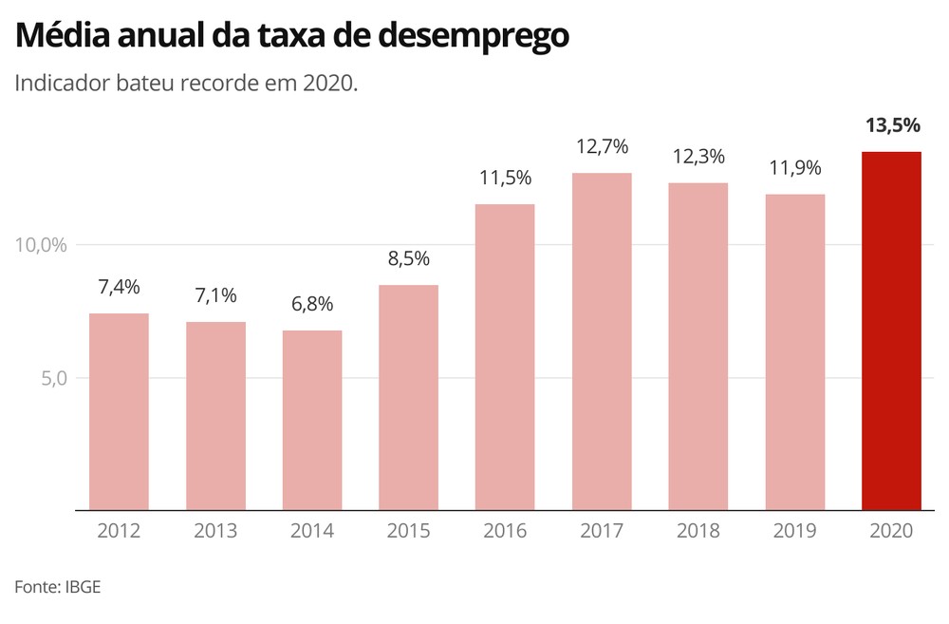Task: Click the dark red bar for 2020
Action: click(x=891, y=331)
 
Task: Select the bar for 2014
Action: click(x=312, y=420)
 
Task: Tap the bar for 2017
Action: click(x=602, y=341)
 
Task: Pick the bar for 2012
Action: click(x=119, y=411)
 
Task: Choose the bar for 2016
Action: click(x=505, y=357)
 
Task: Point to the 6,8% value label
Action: click(x=312, y=306)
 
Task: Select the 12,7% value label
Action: click(x=602, y=148)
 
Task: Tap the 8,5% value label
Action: click(x=409, y=259)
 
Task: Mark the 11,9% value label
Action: click(x=794, y=169)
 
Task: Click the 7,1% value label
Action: click(x=215, y=296)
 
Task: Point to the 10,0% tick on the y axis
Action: click(x=42, y=245)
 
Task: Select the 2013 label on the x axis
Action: click(x=215, y=531)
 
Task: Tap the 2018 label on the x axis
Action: click(x=698, y=531)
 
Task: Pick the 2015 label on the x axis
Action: click(x=409, y=531)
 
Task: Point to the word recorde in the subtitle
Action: click(x=230, y=84)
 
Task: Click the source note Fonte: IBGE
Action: click(x=57, y=587)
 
